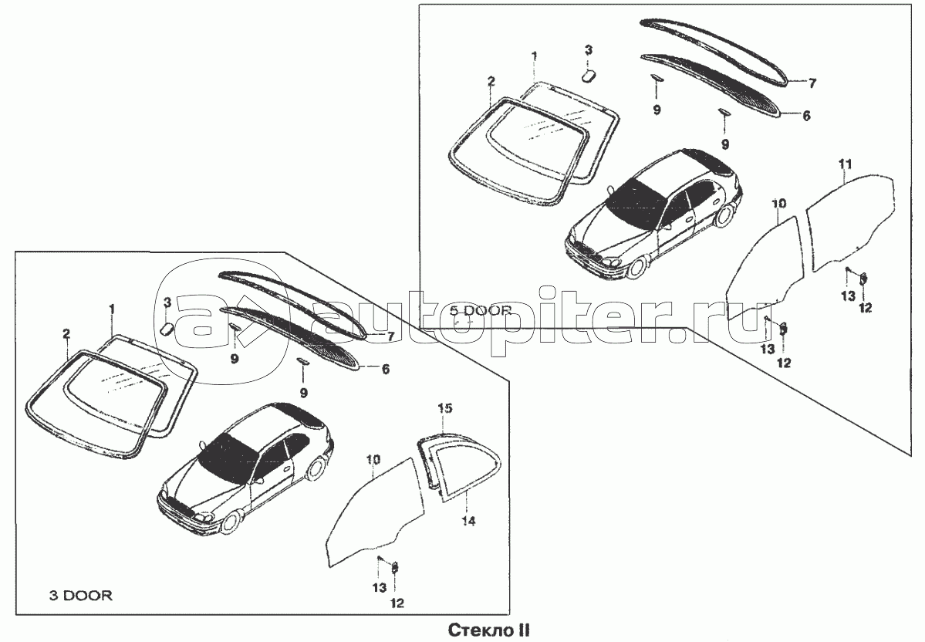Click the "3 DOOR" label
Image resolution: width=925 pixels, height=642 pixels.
click(80, 596)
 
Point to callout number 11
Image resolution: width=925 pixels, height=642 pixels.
click(846, 164)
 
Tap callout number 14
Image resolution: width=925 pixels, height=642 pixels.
click(469, 521)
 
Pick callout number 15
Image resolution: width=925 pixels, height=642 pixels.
click(445, 408)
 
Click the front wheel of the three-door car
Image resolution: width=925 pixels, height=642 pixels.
click(232, 523)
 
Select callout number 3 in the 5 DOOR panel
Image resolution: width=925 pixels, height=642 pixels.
click(588, 49)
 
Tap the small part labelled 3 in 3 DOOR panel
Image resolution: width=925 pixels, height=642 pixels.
click(167, 326)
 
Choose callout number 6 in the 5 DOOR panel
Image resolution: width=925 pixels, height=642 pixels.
click(806, 116)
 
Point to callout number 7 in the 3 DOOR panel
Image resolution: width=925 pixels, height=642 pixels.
click(390, 337)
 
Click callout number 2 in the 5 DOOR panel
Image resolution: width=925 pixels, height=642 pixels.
click(491, 82)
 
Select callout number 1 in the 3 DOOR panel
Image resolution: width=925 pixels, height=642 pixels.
click(112, 309)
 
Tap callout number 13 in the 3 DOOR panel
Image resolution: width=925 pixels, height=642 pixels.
click(380, 588)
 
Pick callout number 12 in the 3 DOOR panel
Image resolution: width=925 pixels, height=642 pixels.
click(397, 603)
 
